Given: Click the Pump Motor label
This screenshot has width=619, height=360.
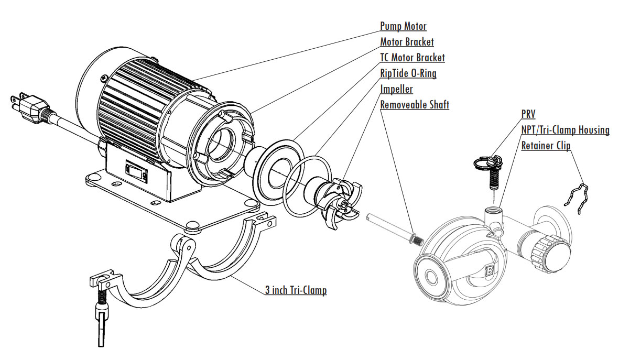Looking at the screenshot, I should (403, 26).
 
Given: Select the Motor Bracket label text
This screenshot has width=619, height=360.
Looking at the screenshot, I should (407, 42).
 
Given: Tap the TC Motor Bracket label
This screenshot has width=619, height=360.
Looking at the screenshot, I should (412, 58).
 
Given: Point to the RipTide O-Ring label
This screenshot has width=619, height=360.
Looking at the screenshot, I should (408, 73).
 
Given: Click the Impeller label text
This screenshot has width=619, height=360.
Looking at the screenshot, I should (396, 89).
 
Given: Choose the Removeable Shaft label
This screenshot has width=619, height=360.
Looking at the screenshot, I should (414, 105).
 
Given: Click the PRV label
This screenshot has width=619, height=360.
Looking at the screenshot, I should (528, 114).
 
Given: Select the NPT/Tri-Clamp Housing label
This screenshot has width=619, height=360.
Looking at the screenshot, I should (565, 129).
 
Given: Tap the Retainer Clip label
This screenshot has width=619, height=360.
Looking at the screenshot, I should (546, 145).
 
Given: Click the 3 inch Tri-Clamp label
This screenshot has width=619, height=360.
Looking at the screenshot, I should (295, 290).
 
